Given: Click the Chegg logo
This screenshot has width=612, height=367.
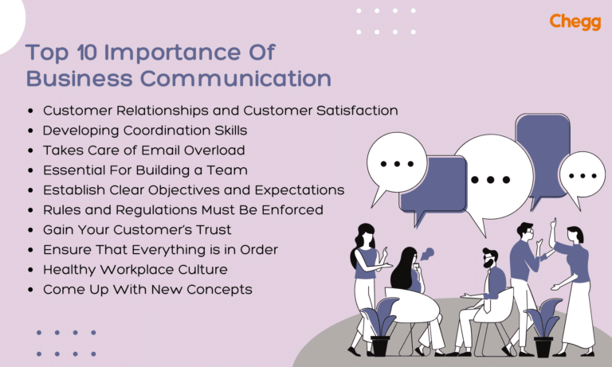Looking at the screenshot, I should [575, 21].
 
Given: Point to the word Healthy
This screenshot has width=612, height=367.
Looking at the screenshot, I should [69, 269].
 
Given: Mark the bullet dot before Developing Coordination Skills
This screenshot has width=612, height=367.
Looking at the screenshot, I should [30, 131].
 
